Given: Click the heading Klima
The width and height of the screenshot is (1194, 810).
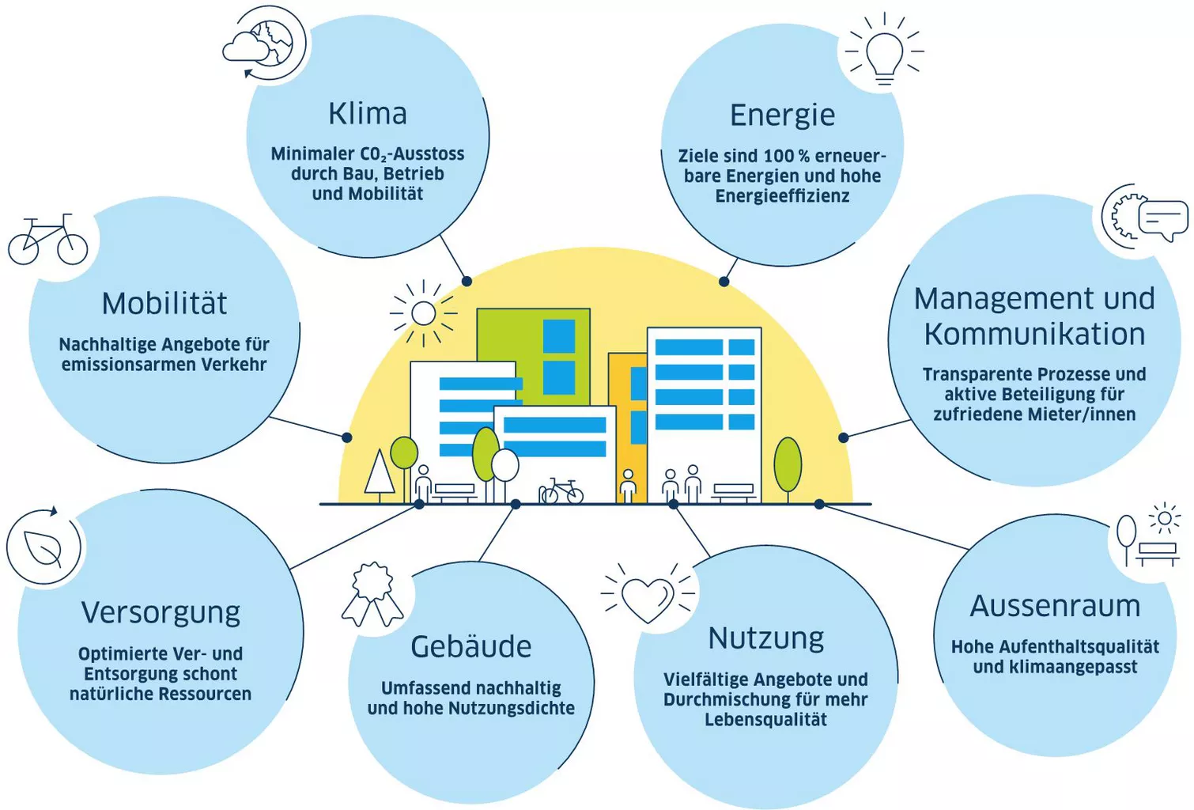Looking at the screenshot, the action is click(x=368, y=114).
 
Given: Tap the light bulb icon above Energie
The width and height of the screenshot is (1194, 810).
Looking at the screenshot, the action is click(x=884, y=50).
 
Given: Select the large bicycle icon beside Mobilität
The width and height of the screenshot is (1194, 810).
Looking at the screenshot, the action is click(x=48, y=240).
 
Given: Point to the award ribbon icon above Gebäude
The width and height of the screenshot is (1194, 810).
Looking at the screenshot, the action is click(x=372, y=594).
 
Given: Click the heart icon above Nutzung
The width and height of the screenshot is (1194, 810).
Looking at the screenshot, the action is click(x=648, y=598).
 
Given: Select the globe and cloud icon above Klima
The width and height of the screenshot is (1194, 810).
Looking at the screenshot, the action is click(x=264, y=44).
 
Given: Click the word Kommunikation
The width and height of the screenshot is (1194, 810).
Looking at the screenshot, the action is click(x=1034, y=335).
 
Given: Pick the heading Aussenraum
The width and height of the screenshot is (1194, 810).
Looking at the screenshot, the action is click(x=1055, y=606).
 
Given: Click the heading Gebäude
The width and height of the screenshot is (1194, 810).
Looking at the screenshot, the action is click(x=471, y=647).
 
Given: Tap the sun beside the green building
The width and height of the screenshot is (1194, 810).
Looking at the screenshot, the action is click(x=424, y=313).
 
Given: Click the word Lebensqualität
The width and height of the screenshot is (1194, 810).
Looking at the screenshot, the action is click(x=766, y=719).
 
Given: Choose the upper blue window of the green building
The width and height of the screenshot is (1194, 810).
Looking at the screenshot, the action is click(x=559, y=336).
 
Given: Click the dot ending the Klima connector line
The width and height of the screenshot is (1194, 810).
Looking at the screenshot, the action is click(x=467, y=281).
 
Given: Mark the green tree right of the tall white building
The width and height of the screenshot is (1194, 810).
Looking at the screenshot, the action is click(x=788, y=464).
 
